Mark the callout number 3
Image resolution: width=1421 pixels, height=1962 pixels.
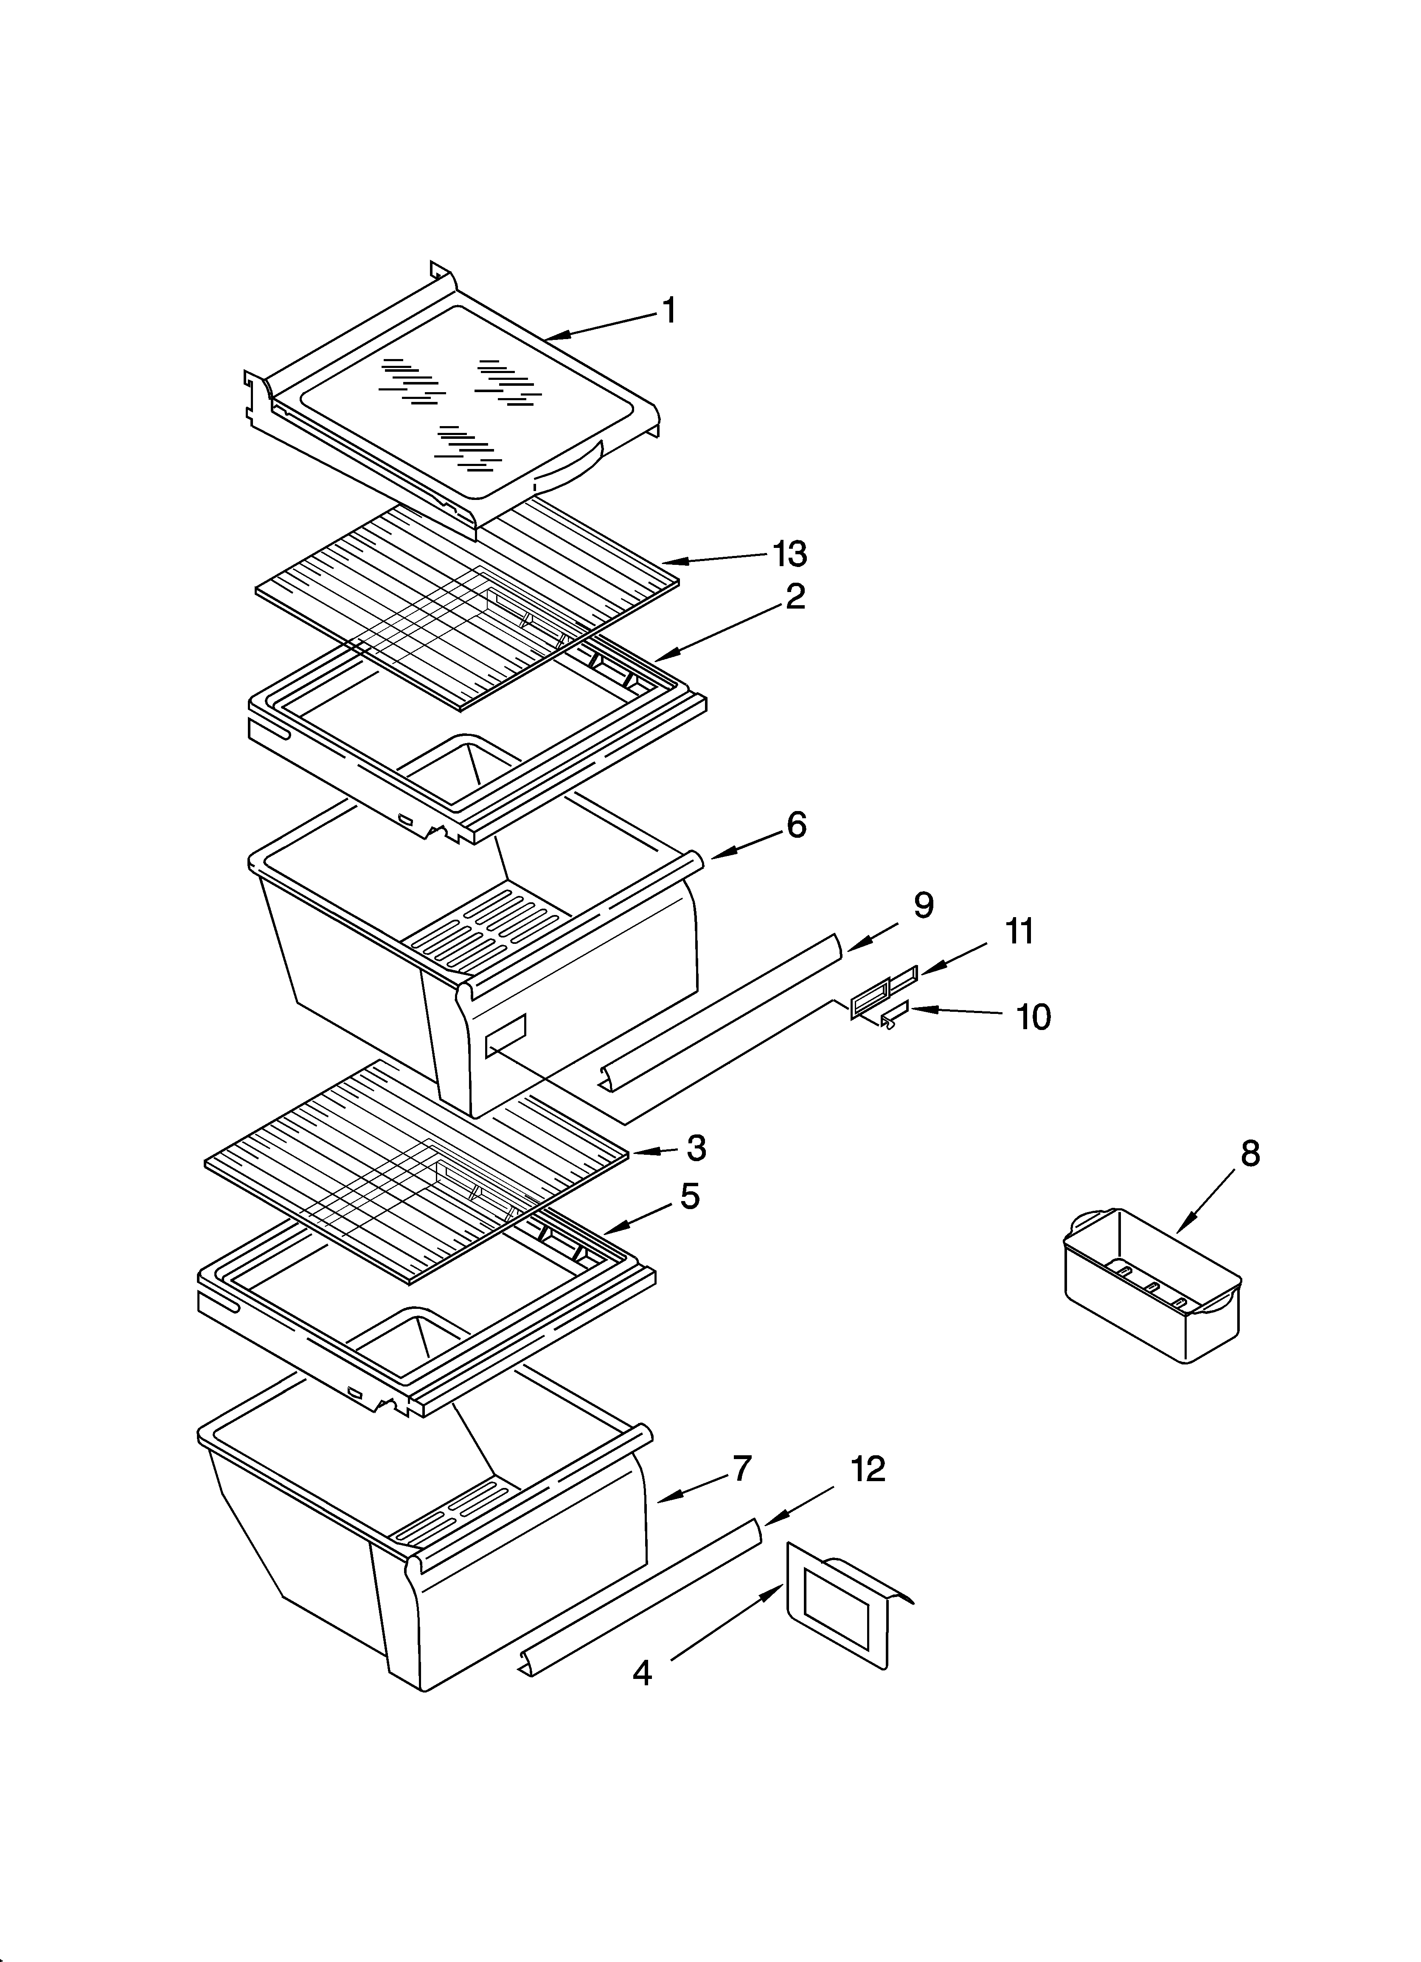coord(696,1148)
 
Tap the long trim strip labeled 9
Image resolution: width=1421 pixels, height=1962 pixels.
coord(718,1012)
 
